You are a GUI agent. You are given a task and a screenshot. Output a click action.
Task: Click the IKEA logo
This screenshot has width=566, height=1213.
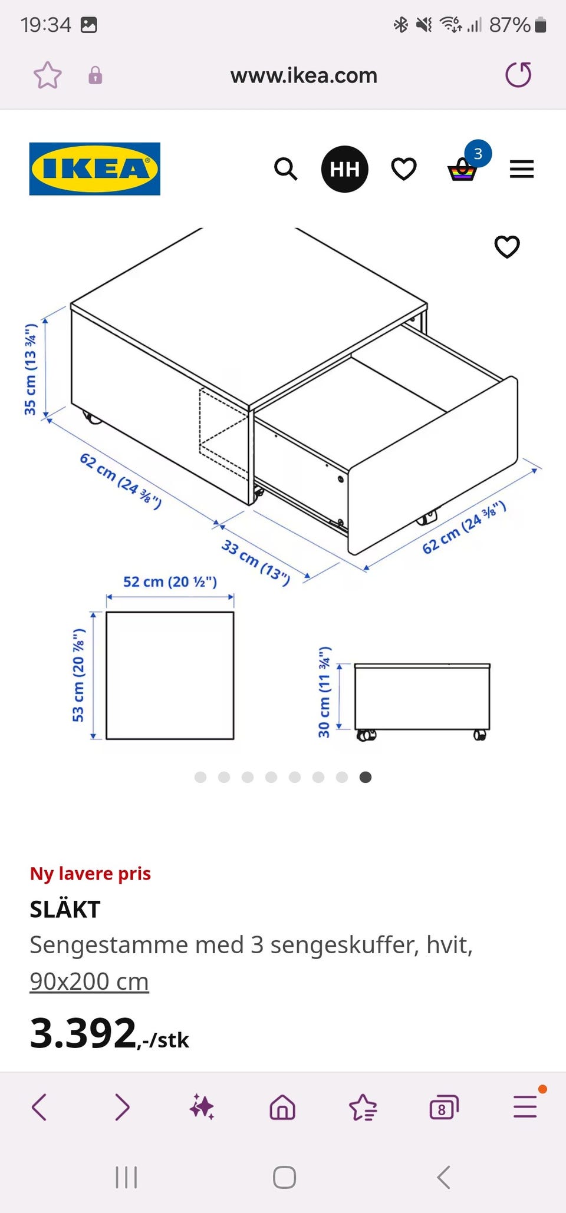95,168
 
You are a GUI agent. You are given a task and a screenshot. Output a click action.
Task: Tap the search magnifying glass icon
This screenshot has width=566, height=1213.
286,169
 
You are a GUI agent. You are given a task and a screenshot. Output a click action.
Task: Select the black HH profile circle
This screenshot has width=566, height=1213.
345,169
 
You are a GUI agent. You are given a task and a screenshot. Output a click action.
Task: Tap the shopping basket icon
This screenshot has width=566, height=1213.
462,170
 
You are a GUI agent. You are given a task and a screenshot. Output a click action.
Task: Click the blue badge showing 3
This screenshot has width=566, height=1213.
478,154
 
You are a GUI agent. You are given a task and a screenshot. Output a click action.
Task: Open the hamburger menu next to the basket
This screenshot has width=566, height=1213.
522,169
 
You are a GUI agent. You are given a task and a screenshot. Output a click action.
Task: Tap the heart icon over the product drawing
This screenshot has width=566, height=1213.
507,247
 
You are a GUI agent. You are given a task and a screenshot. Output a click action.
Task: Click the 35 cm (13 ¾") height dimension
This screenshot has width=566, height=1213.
31,369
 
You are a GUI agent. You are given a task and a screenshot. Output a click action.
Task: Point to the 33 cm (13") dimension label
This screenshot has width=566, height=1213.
256,563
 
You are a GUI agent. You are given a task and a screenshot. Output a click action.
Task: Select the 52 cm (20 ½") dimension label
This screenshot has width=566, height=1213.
170,582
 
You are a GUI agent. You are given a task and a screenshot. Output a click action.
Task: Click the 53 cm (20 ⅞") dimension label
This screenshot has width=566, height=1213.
78,675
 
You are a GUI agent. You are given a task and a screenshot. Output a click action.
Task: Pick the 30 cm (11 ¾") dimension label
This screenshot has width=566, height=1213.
324,692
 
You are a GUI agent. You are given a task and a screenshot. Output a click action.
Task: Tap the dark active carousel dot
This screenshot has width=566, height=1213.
366,777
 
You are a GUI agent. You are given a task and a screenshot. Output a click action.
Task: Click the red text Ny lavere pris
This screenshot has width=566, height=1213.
90,874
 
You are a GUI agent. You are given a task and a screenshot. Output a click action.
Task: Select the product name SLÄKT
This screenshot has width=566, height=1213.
65,910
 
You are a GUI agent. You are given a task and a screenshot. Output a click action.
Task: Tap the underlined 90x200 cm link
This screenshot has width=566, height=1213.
89,981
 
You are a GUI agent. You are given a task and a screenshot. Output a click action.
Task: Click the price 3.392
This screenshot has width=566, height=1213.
83,1033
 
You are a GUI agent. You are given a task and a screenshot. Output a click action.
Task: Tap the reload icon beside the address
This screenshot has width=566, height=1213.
519,75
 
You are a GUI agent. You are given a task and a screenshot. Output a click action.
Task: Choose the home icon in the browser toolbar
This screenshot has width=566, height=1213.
282,1107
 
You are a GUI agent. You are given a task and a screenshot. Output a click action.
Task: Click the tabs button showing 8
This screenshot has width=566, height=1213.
443,1108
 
